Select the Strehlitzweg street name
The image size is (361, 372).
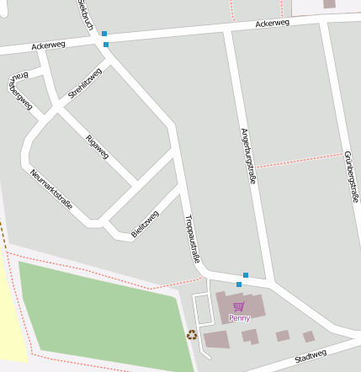point(85,84)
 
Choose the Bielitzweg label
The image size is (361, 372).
point(145,223)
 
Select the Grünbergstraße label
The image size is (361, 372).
point(351,176)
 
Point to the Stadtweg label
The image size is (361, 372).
point(311,356)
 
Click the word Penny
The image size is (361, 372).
point(239,318)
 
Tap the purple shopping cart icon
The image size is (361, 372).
point(239,307)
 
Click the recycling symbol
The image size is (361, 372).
point(192,334)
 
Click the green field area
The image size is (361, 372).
point(101,311)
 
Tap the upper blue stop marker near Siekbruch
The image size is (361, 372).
point(104,34)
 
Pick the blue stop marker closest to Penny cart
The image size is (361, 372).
point(239,284)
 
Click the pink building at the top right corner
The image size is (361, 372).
point(328,4)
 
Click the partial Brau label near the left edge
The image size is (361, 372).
point(19,76)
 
